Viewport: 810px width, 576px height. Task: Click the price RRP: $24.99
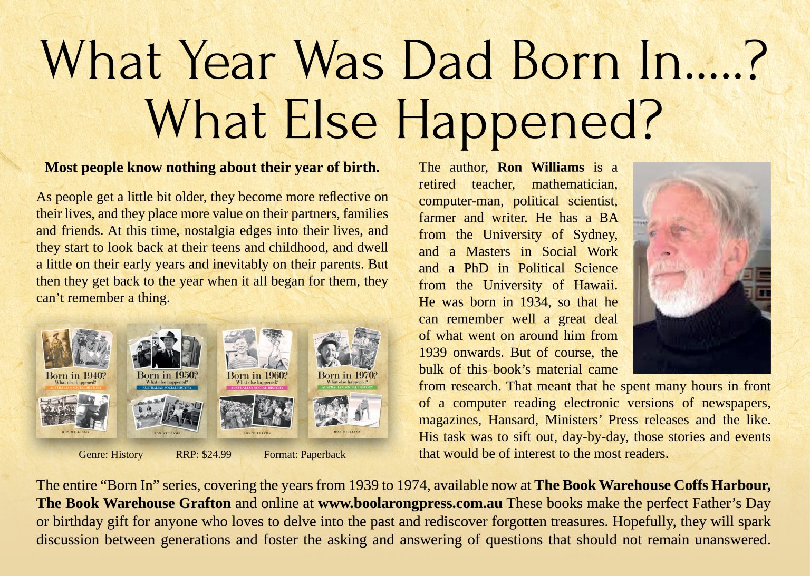(203, 454)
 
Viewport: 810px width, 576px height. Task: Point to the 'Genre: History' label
(111, 454)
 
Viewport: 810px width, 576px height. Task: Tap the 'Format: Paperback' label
(304, 454)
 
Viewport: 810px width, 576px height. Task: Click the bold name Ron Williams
(541, 168)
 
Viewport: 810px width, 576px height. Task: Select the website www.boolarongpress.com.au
(410, 503)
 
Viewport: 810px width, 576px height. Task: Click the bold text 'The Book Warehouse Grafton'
(133, 503)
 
